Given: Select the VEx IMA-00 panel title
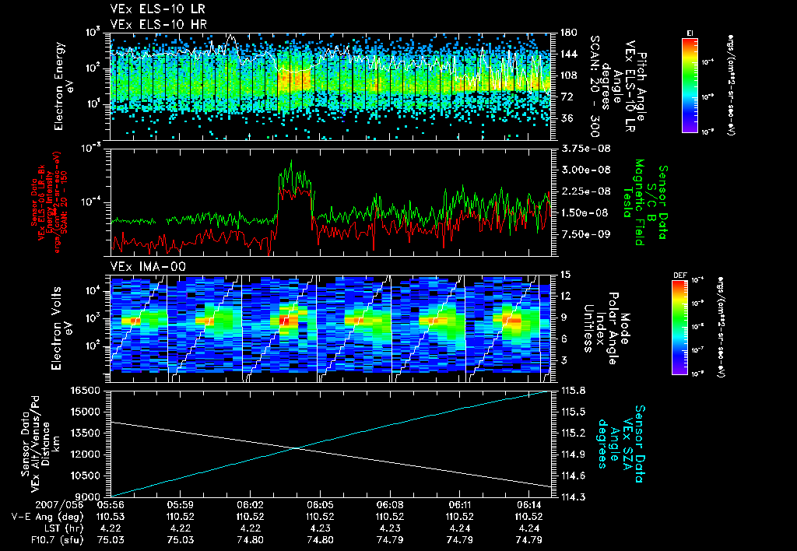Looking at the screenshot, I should click(142, 266).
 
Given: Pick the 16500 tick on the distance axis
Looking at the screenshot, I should click(92, 390).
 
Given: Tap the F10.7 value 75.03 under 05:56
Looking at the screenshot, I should click(112, 539).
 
